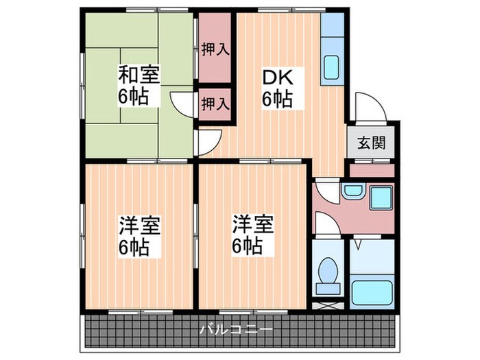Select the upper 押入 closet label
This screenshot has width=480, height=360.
click(x=215, y=49)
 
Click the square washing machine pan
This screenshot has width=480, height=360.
click(x=379, y=197)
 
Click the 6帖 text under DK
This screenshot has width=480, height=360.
click(x=277, y=99)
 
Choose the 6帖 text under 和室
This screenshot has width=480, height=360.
click(x=139, y=96)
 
